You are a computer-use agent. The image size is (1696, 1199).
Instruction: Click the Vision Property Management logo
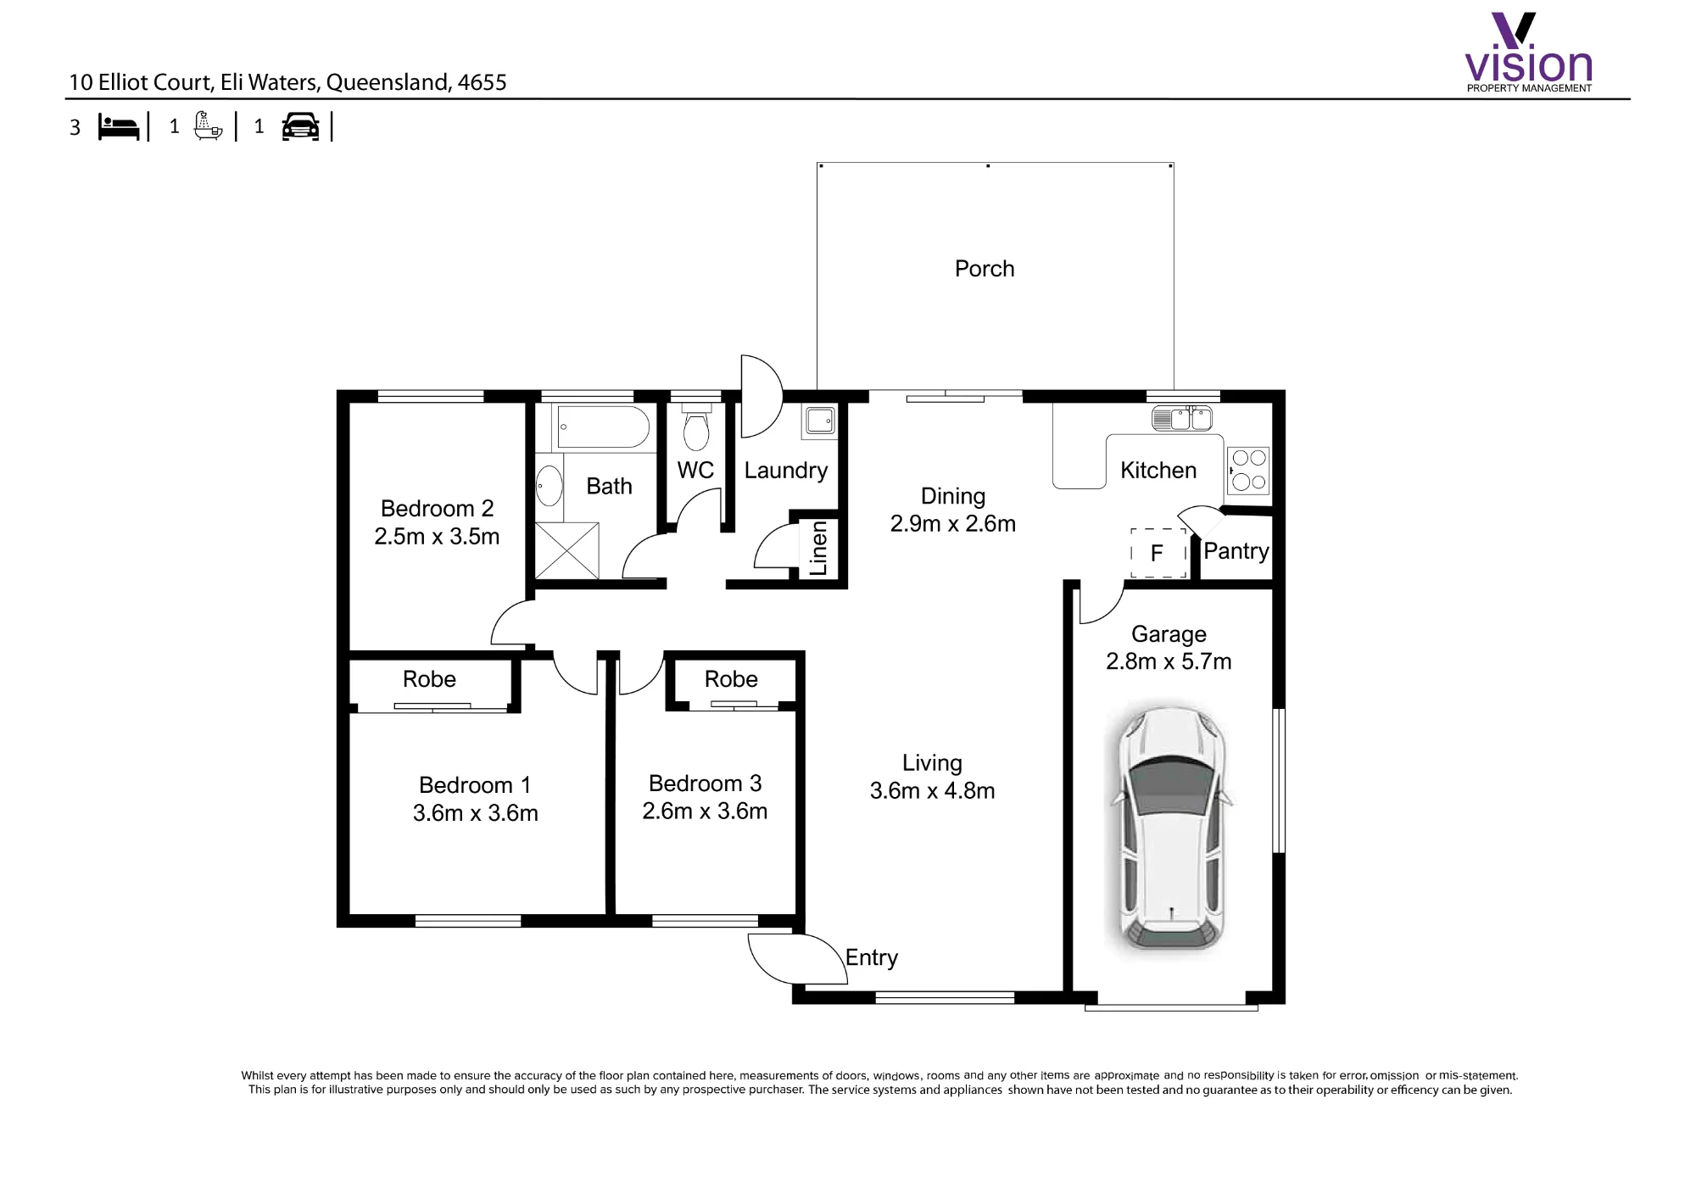pyautogui.click(x=1529, y=52)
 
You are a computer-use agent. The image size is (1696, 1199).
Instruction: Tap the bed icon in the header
pyautogui.click(x=119, y=127)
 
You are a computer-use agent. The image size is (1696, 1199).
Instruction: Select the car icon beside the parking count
pyautogui.click(x=301, y=126)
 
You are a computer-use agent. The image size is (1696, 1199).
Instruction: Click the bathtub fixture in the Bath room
pyautogui.click(x=602, y=427)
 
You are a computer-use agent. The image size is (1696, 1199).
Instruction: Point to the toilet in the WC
pyautogui.click(x=696, y=427)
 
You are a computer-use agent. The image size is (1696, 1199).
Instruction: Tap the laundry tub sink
pyautogui.click(x=820, y=421)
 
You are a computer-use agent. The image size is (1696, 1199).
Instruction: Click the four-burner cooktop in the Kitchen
pyautogui.click(x=1248, y=471)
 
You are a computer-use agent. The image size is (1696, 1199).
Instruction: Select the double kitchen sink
pyautogui.click(x=1182, y=417)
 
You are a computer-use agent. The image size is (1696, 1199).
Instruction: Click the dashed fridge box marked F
pyautogui.click(x=1158, y=553)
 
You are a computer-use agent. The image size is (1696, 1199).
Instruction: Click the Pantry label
pyautogui.click(x=1236, y=551)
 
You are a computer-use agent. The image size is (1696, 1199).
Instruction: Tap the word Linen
pyautogui.click(x=818, y=548)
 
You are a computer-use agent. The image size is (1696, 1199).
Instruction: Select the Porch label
pyautogui.click(x=985, y=269)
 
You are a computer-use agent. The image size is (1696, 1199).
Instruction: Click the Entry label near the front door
pyautogui.click(x=872, y=957)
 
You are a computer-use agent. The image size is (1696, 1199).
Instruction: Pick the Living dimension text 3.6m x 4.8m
pyautogui.click(x=932, y=790)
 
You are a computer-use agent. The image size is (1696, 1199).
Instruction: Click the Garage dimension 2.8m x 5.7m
pyautogui.click(x=1169, y=661)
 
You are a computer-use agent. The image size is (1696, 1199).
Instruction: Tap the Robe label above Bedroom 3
pyautogui.click(x=731, y=679)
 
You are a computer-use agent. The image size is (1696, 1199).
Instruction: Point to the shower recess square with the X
pyautogui.click(x=567, y=551)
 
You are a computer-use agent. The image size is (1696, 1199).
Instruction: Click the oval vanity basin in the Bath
pyautogui.click(x=550, y=486)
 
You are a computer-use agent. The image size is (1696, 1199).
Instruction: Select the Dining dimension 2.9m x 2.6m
pyautogui.click(x=953, y=524)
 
